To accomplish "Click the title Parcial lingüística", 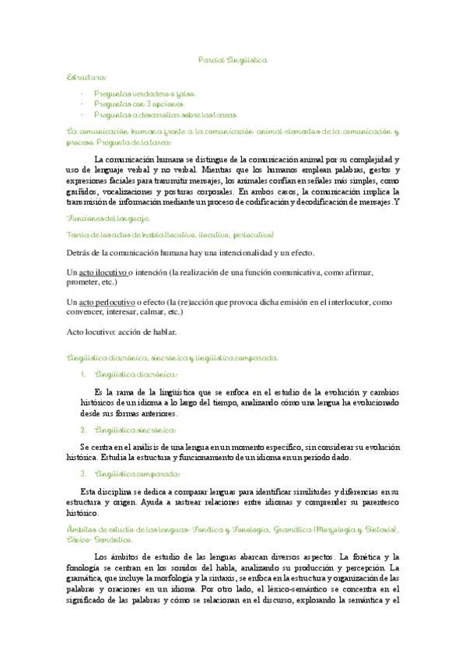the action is [x=233, y=59].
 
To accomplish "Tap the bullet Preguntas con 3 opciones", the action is [x=140, y=104].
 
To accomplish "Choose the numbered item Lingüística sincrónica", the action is [x=135, y=430].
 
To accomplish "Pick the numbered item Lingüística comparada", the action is [x=137, y=475].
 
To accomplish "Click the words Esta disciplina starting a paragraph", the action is [x=106, y=492].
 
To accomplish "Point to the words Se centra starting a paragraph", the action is [x=99, y=448].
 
